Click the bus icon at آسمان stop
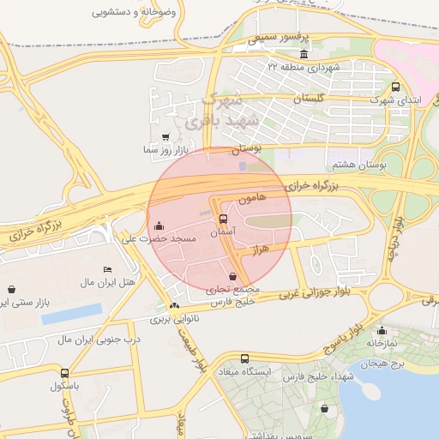224,219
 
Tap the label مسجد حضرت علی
160,238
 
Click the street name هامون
255,198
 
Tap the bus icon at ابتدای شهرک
395,87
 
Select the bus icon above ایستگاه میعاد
245,359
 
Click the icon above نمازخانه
382,331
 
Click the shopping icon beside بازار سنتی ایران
11,290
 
